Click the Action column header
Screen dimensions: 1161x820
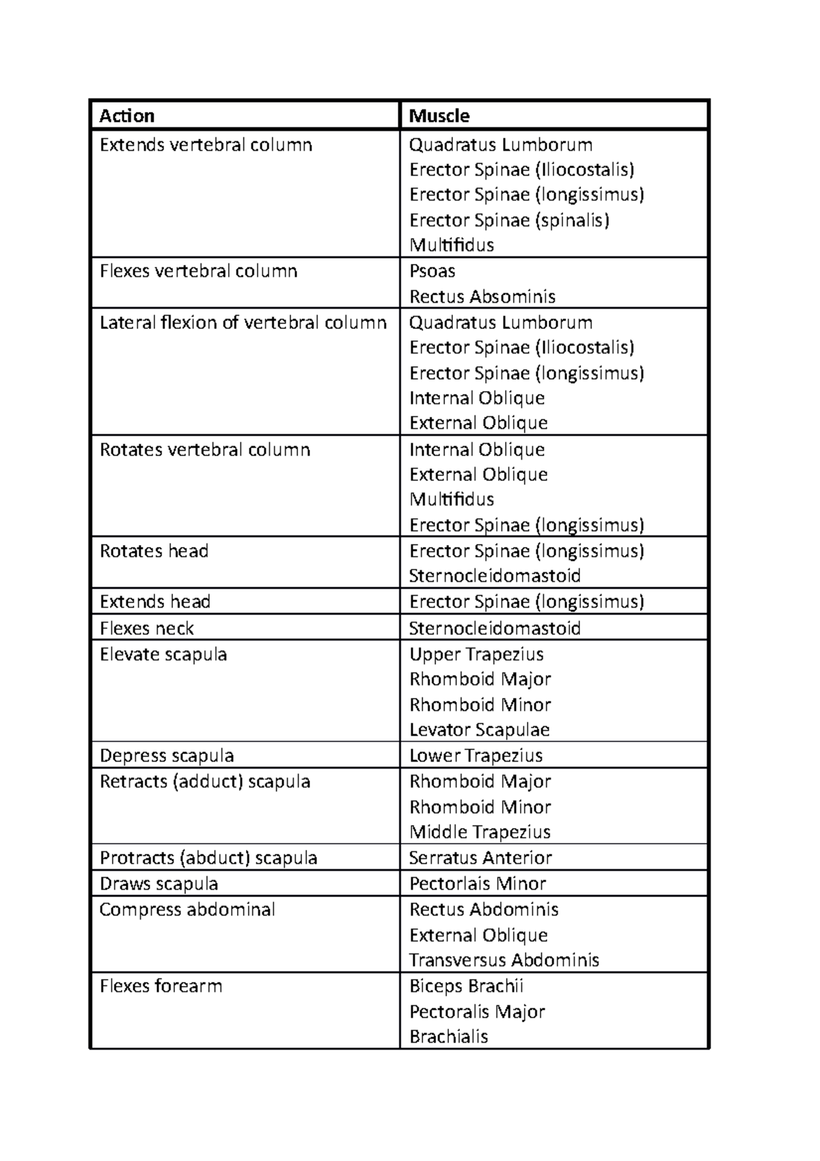[x=127, y=116]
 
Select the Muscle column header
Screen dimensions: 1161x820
[x=439, y=116]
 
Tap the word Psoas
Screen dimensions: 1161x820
[x=432, y=271]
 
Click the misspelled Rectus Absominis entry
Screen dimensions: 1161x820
[x=482, y=297]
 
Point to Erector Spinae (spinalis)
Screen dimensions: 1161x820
[x=509, y=220]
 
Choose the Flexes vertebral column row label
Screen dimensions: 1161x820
[x=198, y=271]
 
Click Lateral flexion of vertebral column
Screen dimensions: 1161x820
[x=243, y=322]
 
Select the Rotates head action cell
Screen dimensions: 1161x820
[x=154, y=551]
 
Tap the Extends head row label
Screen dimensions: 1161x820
[x=154, y=602]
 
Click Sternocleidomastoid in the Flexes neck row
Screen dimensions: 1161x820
[x=495, y=628]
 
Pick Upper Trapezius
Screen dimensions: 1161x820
[x=476, y=654]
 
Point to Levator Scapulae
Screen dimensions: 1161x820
[x=479, y=730]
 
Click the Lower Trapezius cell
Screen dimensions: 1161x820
[x=476, y=756]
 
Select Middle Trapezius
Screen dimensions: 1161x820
[x=480, y=832]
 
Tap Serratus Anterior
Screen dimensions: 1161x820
[x=480, y=858]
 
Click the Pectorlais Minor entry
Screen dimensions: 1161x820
[x=478, y=884]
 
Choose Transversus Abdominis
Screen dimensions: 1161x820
[x=504, y=960]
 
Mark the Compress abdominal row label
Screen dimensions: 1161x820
[x=187, y=910]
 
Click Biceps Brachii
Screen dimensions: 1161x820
[x=466, y=986]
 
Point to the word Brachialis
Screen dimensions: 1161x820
[x=448, y=1037]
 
